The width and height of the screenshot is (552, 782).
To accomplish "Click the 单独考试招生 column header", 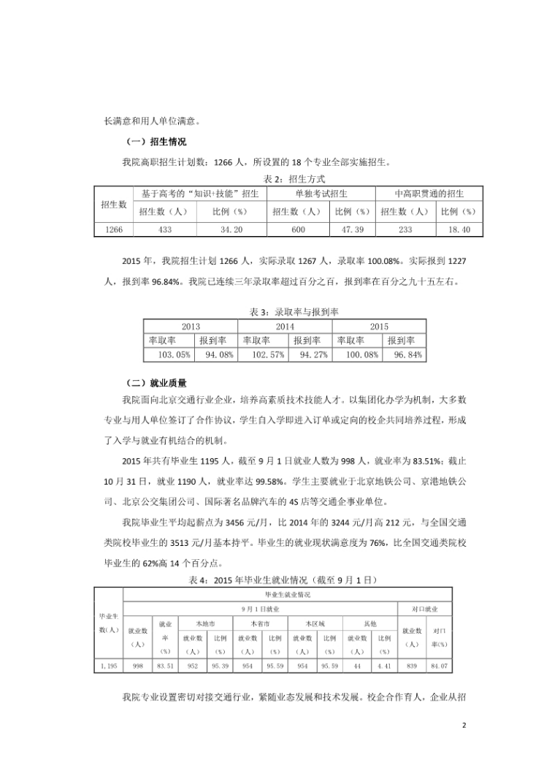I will (321, 194).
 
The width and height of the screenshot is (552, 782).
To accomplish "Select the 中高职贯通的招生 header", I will (429, 194).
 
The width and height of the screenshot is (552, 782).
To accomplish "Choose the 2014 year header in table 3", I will (285, 327).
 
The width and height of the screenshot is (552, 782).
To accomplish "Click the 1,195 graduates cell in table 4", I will (110, 666).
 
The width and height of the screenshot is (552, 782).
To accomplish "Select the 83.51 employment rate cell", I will (166, 666).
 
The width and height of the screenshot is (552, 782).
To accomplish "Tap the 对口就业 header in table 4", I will (426, 609).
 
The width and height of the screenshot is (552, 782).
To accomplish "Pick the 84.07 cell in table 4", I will (440, 666).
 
